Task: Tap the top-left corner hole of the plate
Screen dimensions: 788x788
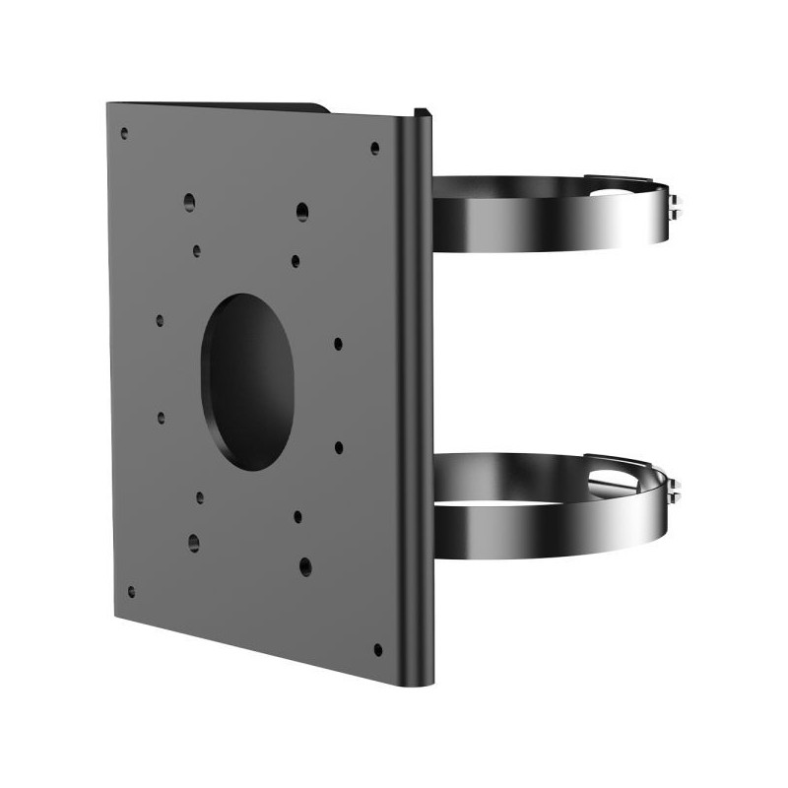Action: tap(124, 132)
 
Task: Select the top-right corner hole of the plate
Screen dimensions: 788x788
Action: tap(374, 149)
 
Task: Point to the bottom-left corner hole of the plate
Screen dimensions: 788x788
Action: tap(131, 592)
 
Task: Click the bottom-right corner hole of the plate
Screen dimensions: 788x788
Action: tap(377, 649)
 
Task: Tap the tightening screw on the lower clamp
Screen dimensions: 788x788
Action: tap(675, 489)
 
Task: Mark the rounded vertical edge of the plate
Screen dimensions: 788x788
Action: tap(421, 394)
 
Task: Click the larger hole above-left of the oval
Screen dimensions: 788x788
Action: tap(189, 203)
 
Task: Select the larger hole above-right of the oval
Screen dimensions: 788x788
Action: tap(302, 211)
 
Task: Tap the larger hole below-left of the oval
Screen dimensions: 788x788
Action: tap(193, 541)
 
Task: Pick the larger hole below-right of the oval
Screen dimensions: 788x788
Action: tap(305, 565)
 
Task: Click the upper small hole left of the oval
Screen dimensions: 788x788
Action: tap(160, 320)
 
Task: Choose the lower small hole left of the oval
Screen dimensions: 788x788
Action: tap(161, 417)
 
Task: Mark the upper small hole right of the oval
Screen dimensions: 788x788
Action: tap(338, 344)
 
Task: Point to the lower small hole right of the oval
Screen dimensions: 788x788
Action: tap(339, 447)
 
